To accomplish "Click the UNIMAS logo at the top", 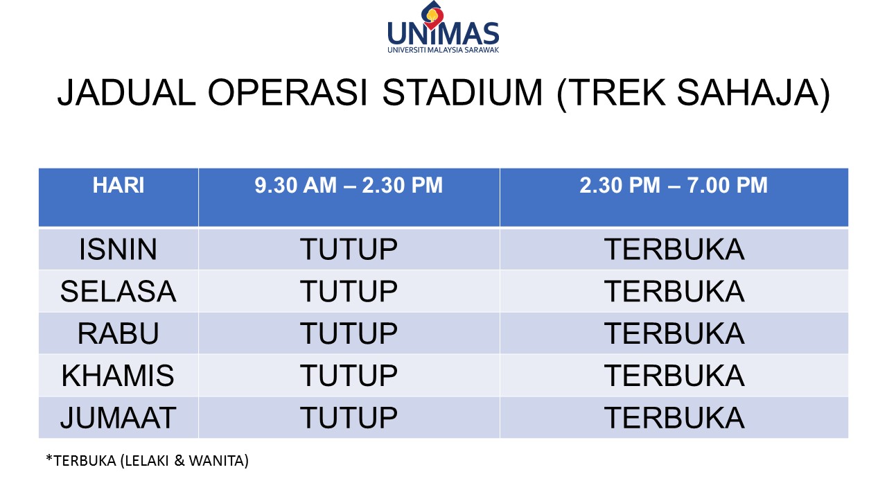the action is tap(443, 27).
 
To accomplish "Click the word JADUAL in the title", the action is tap(127, 93).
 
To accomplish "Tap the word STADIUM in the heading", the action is tap(462, 93).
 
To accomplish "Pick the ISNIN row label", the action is tap(118, 249).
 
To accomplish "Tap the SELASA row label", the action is tap(118, 291).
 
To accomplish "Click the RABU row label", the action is tap(118, 333).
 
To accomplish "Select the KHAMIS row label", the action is tap(118, 376).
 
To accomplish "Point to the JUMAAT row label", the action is tap(118, 417).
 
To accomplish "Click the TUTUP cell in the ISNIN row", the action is tap(349, 249).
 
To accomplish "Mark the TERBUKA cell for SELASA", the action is tap(674, 291).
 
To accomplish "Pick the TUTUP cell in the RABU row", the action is tap(349, 333).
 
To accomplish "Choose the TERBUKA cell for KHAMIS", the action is tap(674, 376).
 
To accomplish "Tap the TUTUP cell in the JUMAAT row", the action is tap(349, 417).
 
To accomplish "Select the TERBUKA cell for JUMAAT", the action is tap(674, 417).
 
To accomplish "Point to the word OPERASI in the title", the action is tap(288, 93).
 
